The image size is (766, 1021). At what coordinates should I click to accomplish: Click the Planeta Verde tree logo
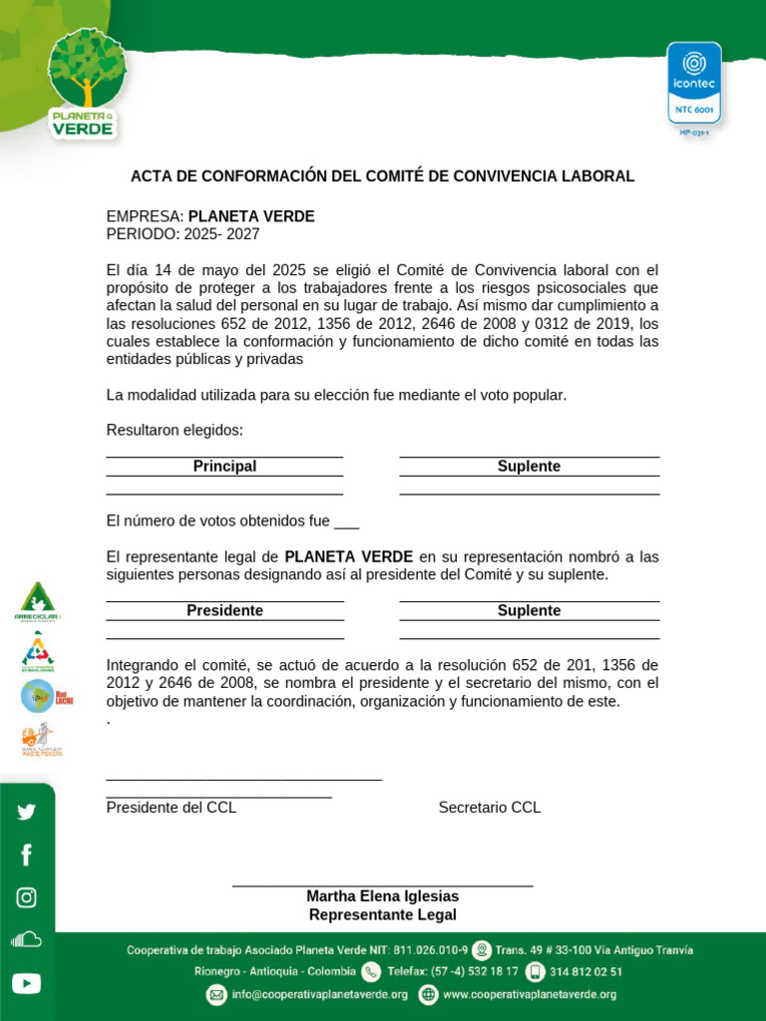(x=87, y=82)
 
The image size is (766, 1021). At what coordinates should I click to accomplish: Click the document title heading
(x=382, y=176)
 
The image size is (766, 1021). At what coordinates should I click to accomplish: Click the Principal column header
(x=224, y=467)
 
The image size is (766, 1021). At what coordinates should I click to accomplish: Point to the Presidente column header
(x=224, y=611)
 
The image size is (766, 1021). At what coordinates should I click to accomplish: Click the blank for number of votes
(x=346, y=521)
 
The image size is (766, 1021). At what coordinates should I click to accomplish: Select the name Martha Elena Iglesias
(x=382, y=896)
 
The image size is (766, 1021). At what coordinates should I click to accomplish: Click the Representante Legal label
(x=382, y=915)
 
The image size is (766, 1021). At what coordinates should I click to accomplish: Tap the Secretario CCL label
(x=489, y=808)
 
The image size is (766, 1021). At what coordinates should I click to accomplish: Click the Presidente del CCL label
(x=172, y=808)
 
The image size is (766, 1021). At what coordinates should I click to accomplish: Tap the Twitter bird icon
(x=26, y=812)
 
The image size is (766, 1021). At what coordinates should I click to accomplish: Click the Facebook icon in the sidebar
(x=26, y=854)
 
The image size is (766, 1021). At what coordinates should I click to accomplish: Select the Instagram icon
(x=26, y=897)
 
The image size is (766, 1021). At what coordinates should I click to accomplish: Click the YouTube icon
(x=26, y=984)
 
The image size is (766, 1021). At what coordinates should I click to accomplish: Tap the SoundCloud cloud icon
(x=26, y=939)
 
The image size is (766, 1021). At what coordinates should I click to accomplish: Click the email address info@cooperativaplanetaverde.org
(x=318, y=994)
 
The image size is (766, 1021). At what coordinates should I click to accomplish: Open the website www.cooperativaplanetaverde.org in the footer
(x=529, y=994)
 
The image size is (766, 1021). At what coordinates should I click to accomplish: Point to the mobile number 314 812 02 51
(x=586, y=971)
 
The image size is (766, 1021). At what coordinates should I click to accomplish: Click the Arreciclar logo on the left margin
(x=37, y=601)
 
